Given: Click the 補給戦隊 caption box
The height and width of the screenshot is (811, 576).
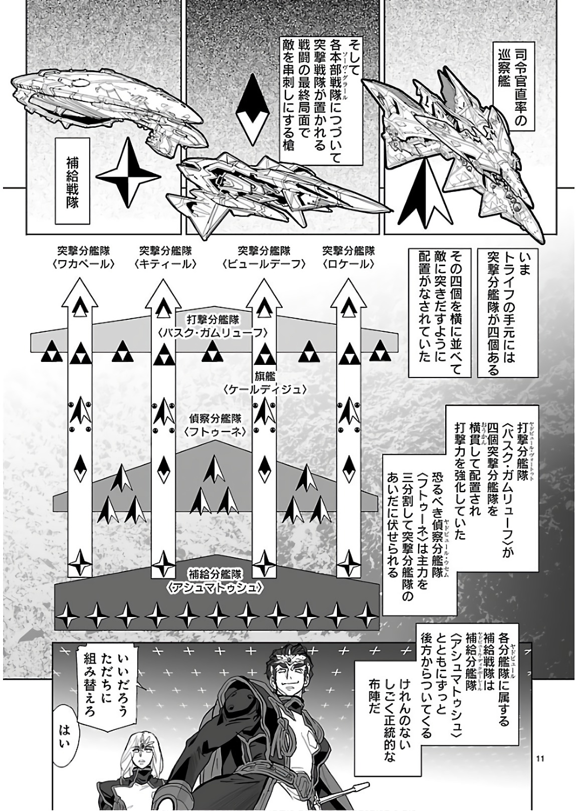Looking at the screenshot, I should point(72,183).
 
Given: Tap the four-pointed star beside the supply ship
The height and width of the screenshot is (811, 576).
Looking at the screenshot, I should point(128,174).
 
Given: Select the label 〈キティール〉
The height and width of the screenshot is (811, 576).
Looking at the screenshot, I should point(165,264).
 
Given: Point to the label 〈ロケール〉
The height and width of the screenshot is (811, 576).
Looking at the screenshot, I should point(348,264).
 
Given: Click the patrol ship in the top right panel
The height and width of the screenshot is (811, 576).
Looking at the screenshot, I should point(461,145).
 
